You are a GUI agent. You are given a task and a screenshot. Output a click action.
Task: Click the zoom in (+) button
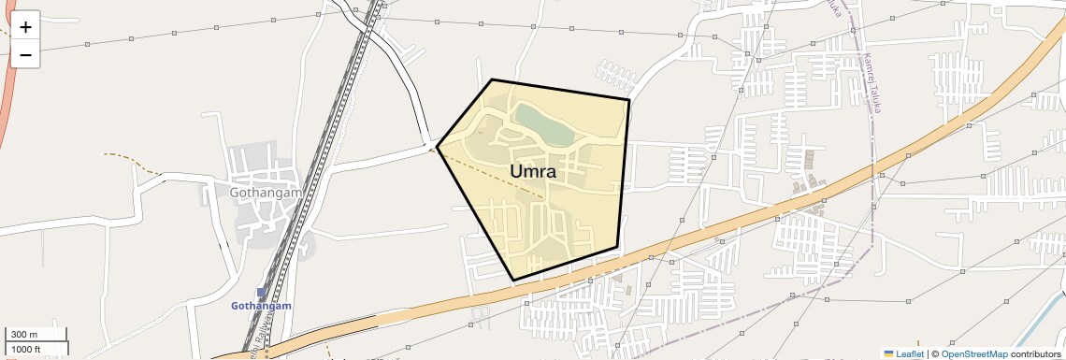[25, 27]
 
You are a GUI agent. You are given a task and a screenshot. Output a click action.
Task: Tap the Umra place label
[534, 171]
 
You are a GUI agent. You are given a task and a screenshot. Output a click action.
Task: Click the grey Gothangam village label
[266, 192]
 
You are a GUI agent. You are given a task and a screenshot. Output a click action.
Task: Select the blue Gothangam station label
[262, 306]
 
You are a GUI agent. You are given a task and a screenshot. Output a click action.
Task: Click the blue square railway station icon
[262, 293]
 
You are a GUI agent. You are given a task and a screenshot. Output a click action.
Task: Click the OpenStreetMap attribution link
[974, 354]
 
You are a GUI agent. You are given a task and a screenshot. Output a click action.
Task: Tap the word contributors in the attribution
[1036, 354]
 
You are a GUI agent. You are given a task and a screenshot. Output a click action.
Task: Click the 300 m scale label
[24, 335]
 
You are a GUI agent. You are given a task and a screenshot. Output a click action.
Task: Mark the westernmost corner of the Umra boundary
[437, 148]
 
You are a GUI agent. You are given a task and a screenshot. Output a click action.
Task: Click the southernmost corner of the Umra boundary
[514, 280]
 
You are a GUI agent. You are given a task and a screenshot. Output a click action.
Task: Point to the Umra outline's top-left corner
[492, 80]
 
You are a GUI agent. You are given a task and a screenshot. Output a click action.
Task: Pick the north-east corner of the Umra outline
[628, 99]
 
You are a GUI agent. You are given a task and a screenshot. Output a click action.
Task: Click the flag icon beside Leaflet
[889, 354]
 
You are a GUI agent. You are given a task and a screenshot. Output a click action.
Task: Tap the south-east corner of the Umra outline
[617, 248]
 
